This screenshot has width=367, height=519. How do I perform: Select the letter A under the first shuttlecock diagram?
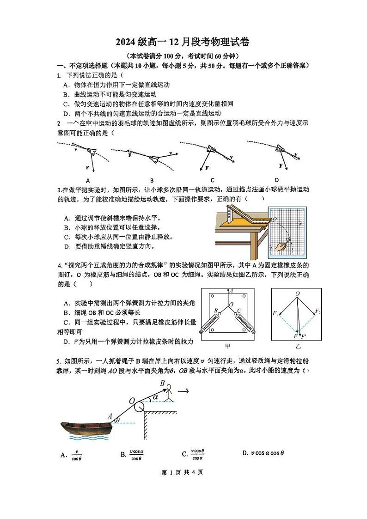(87, 181)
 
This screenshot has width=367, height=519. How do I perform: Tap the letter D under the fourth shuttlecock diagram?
(276, 180)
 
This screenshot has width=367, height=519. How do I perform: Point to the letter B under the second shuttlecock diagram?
(152, 181)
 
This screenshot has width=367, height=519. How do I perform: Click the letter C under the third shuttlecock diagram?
(213, 180)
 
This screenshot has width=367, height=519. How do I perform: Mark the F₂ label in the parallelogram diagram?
(318, 311)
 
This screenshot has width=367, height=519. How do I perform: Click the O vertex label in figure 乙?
(297, 293)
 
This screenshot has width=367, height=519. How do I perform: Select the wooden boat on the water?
(86, 427)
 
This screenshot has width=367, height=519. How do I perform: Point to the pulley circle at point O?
(138, 406)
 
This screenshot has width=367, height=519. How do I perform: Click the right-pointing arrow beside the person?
(184, 391)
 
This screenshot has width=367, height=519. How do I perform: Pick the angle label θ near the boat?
(118, 420)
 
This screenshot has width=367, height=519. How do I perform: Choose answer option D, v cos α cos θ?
(263, 453)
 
